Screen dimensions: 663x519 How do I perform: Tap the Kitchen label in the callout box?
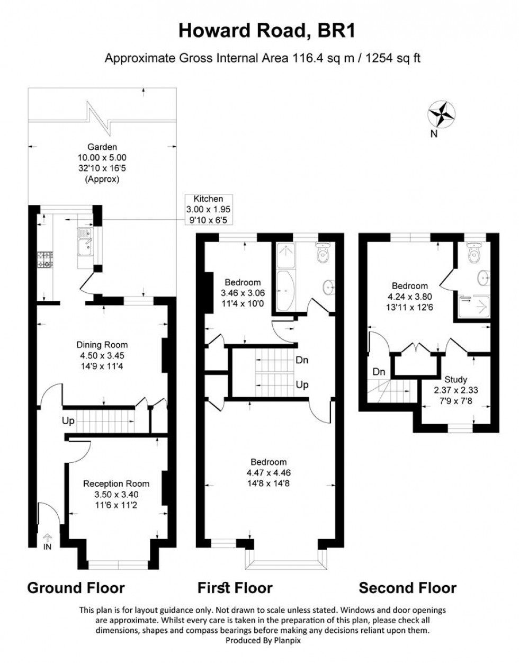(208, 199)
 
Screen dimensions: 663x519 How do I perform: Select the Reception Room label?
(116, 483)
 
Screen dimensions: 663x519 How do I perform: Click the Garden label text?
(103, 147)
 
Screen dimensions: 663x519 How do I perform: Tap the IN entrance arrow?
(47, 541)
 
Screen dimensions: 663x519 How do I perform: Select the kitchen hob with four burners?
(44, 259)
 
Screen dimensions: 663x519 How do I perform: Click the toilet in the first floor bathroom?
(321, 255)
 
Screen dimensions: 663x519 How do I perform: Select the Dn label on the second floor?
(379, 372)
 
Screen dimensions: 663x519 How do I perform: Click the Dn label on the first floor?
(302, 360)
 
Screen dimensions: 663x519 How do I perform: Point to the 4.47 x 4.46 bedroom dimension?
(269, 473)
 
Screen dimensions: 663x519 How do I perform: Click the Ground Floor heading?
(76, 588)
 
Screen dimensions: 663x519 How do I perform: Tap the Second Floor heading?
(407, 588)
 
